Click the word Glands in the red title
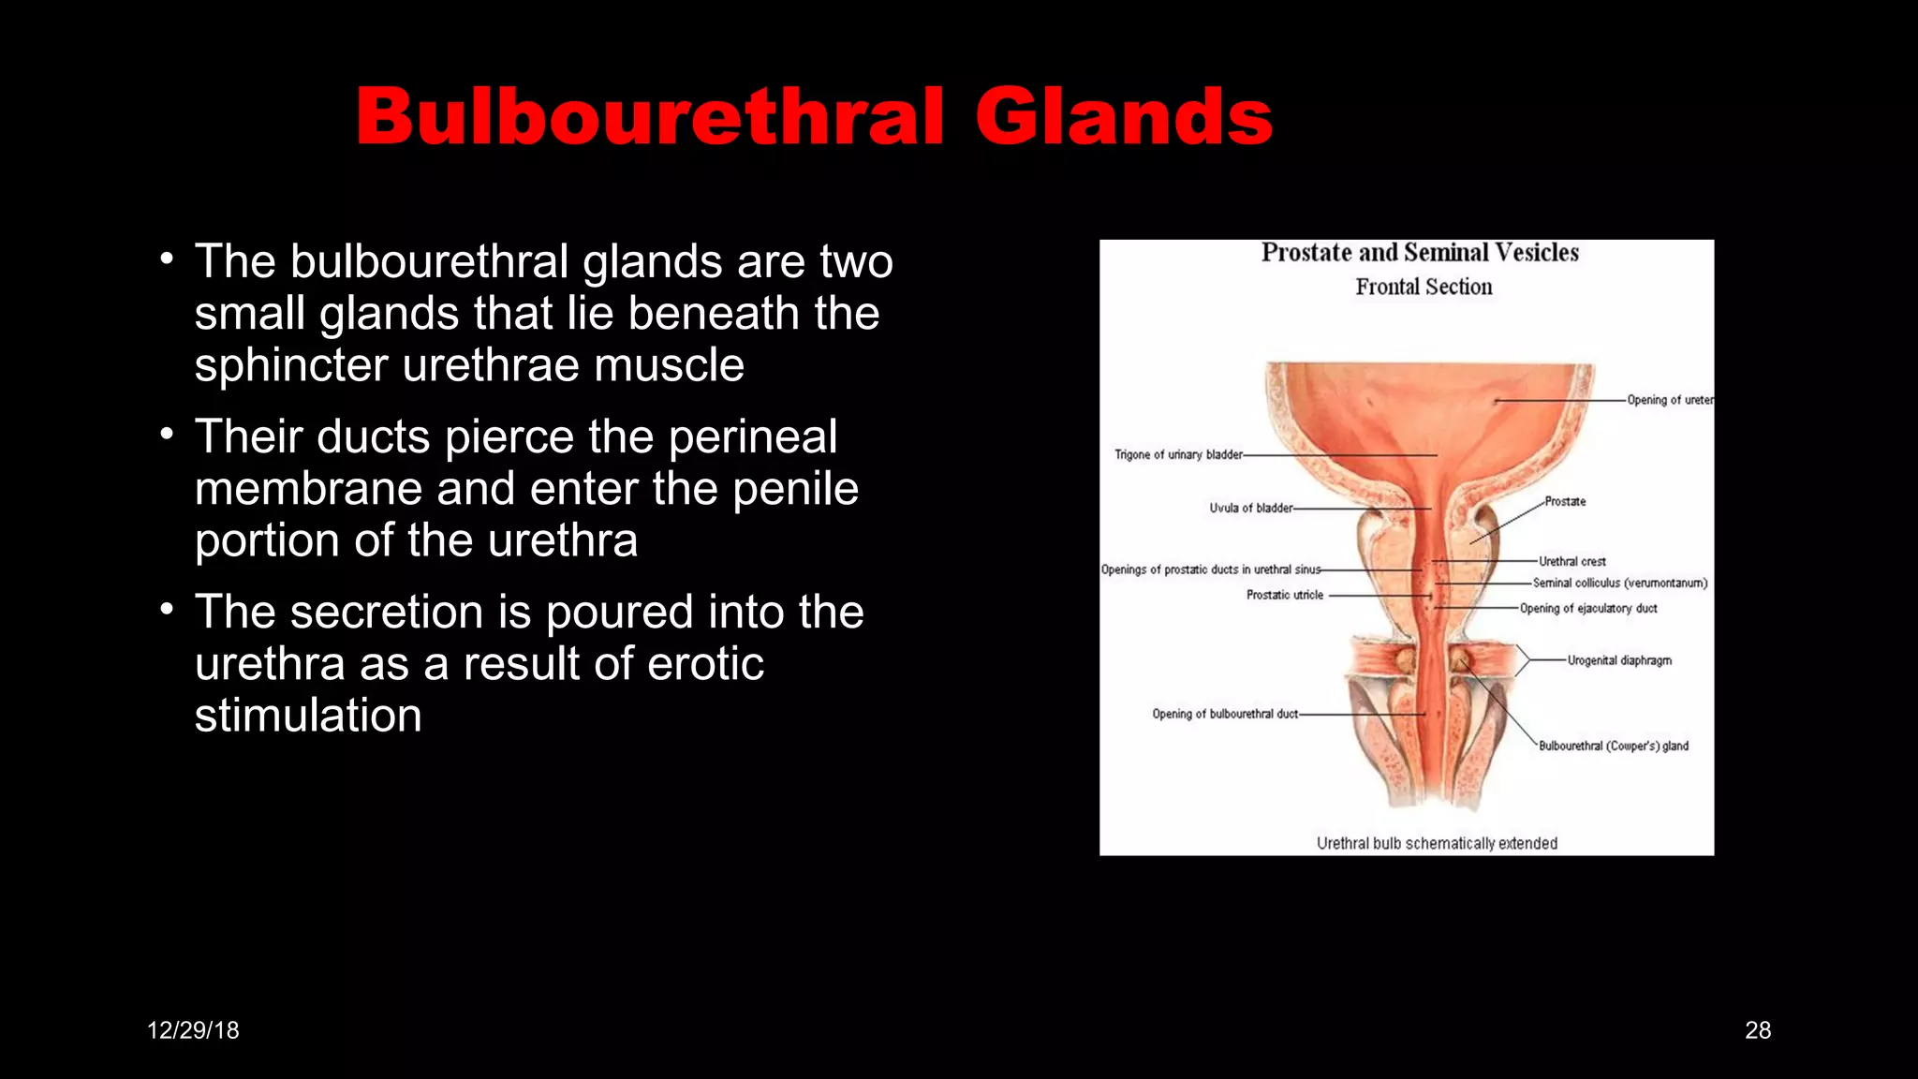(1123, 117)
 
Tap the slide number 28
(1758, 1030)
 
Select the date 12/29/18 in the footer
(193, 1030)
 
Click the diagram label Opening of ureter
(1670, 400)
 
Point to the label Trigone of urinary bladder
(1178, 455)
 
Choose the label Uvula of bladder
(1250, 509)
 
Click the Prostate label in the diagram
(1565, 502)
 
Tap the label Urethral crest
(1572, 562)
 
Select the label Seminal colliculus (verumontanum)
(1620, 584)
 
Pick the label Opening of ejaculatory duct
(1588, 609)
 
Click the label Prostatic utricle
(1285, 595)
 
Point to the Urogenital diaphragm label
(1619, 660)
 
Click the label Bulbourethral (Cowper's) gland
(1614, 746)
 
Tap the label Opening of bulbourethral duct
(1225, 715)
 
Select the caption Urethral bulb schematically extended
(1437, 843)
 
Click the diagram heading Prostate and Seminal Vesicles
(1420, 253)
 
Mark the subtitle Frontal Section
(1424, 288)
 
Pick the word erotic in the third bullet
(705, 664)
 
